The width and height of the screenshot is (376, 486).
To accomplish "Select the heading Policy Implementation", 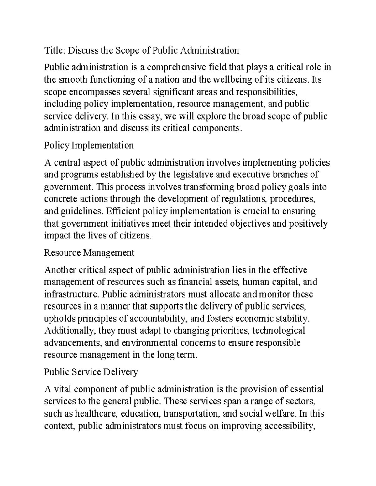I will pyautogui.click(x=89, y=145).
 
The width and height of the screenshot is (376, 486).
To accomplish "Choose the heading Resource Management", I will pyautogui.click(x=89, y=253).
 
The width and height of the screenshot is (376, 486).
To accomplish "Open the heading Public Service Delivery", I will pyautogui.click(x=91, y=372).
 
